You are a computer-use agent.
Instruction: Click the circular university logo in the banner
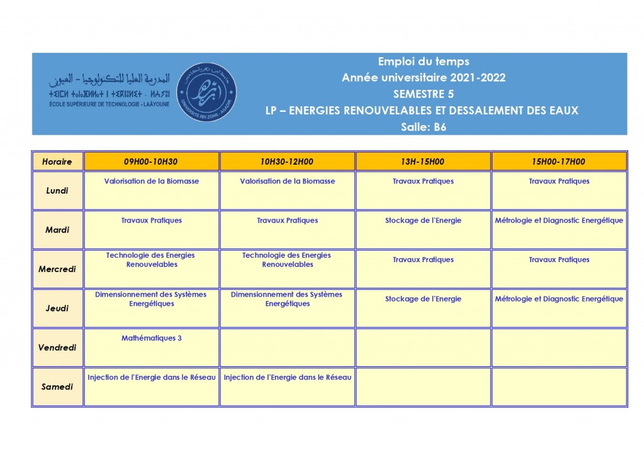207,92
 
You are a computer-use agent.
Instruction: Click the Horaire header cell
57,162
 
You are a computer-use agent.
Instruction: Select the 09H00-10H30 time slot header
151,162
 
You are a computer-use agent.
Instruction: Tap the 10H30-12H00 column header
287,162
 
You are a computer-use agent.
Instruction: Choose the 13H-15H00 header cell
423,162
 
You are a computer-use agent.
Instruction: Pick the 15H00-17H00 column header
558,162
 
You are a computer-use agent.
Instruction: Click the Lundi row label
57,190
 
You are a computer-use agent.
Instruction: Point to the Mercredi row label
57,269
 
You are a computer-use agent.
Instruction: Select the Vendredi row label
57,348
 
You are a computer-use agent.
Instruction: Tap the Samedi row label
57,386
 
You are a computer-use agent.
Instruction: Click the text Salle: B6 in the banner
423,127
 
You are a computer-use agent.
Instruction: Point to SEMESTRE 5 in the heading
423,94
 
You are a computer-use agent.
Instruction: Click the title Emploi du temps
423,62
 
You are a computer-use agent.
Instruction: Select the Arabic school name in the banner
110,80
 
